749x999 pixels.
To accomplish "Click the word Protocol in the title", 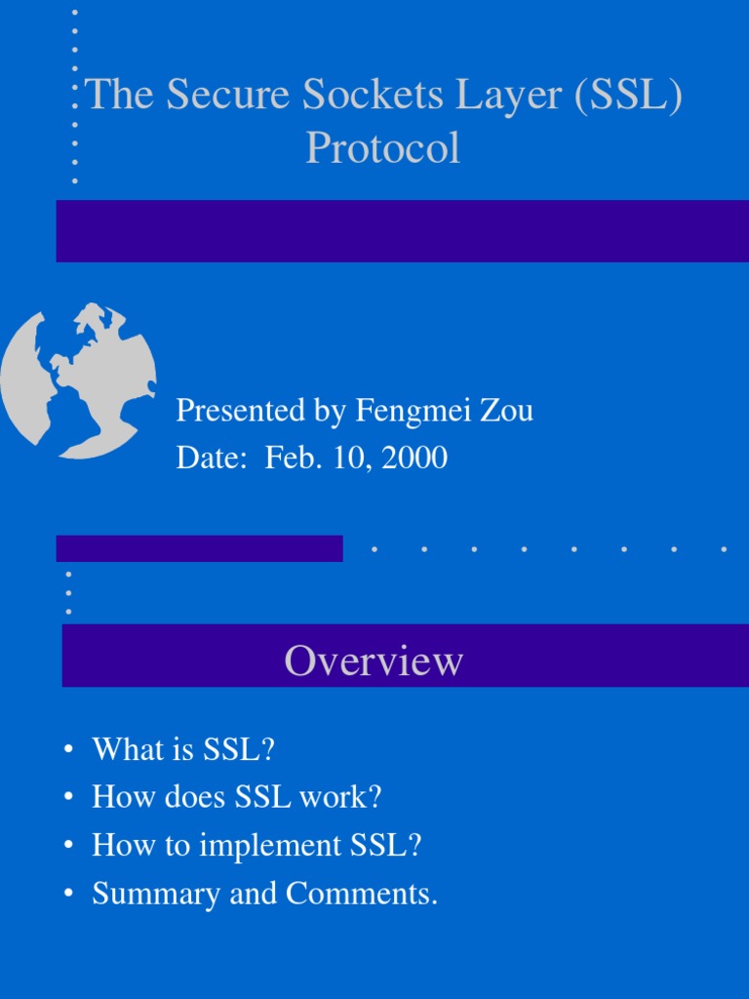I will pos(382,148).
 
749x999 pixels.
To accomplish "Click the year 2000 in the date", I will pos(414,458).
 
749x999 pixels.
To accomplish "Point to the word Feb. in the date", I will pos(283,458).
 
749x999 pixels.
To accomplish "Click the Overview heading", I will pos(374,661).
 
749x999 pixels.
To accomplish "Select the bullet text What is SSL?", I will pos(183,749).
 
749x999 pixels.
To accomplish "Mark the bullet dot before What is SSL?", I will pos(68,750).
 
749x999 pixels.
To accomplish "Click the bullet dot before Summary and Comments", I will pos(68,895).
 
